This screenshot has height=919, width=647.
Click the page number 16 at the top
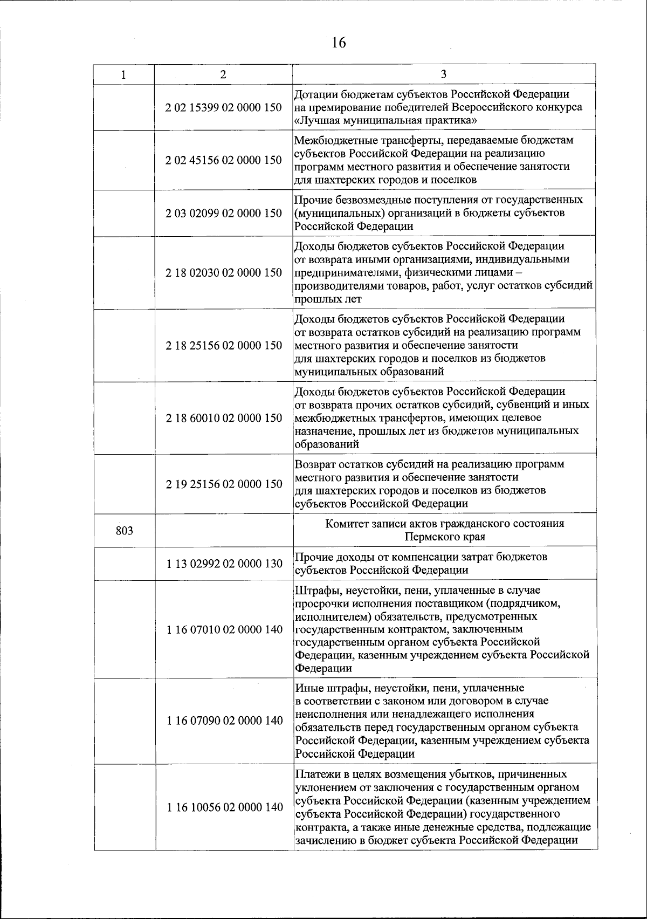339,43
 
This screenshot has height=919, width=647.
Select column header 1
123,75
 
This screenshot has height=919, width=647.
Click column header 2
223,75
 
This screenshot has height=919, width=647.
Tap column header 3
444,74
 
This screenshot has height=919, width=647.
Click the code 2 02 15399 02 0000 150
224,107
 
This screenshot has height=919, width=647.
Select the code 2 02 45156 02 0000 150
224,160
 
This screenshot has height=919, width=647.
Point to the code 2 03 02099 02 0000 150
224,213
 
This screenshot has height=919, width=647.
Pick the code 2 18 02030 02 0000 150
224,272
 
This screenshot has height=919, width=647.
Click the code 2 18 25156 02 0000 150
224,345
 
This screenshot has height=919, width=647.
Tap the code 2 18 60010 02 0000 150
224,418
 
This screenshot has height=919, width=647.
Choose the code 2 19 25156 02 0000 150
224,484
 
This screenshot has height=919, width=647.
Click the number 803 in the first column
125,531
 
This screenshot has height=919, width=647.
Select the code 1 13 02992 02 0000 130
224,564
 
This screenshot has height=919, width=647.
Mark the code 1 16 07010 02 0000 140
224,629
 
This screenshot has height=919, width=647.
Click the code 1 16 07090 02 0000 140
224,721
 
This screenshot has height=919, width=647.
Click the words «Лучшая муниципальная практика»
386,120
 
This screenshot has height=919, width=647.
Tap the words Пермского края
445,537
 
